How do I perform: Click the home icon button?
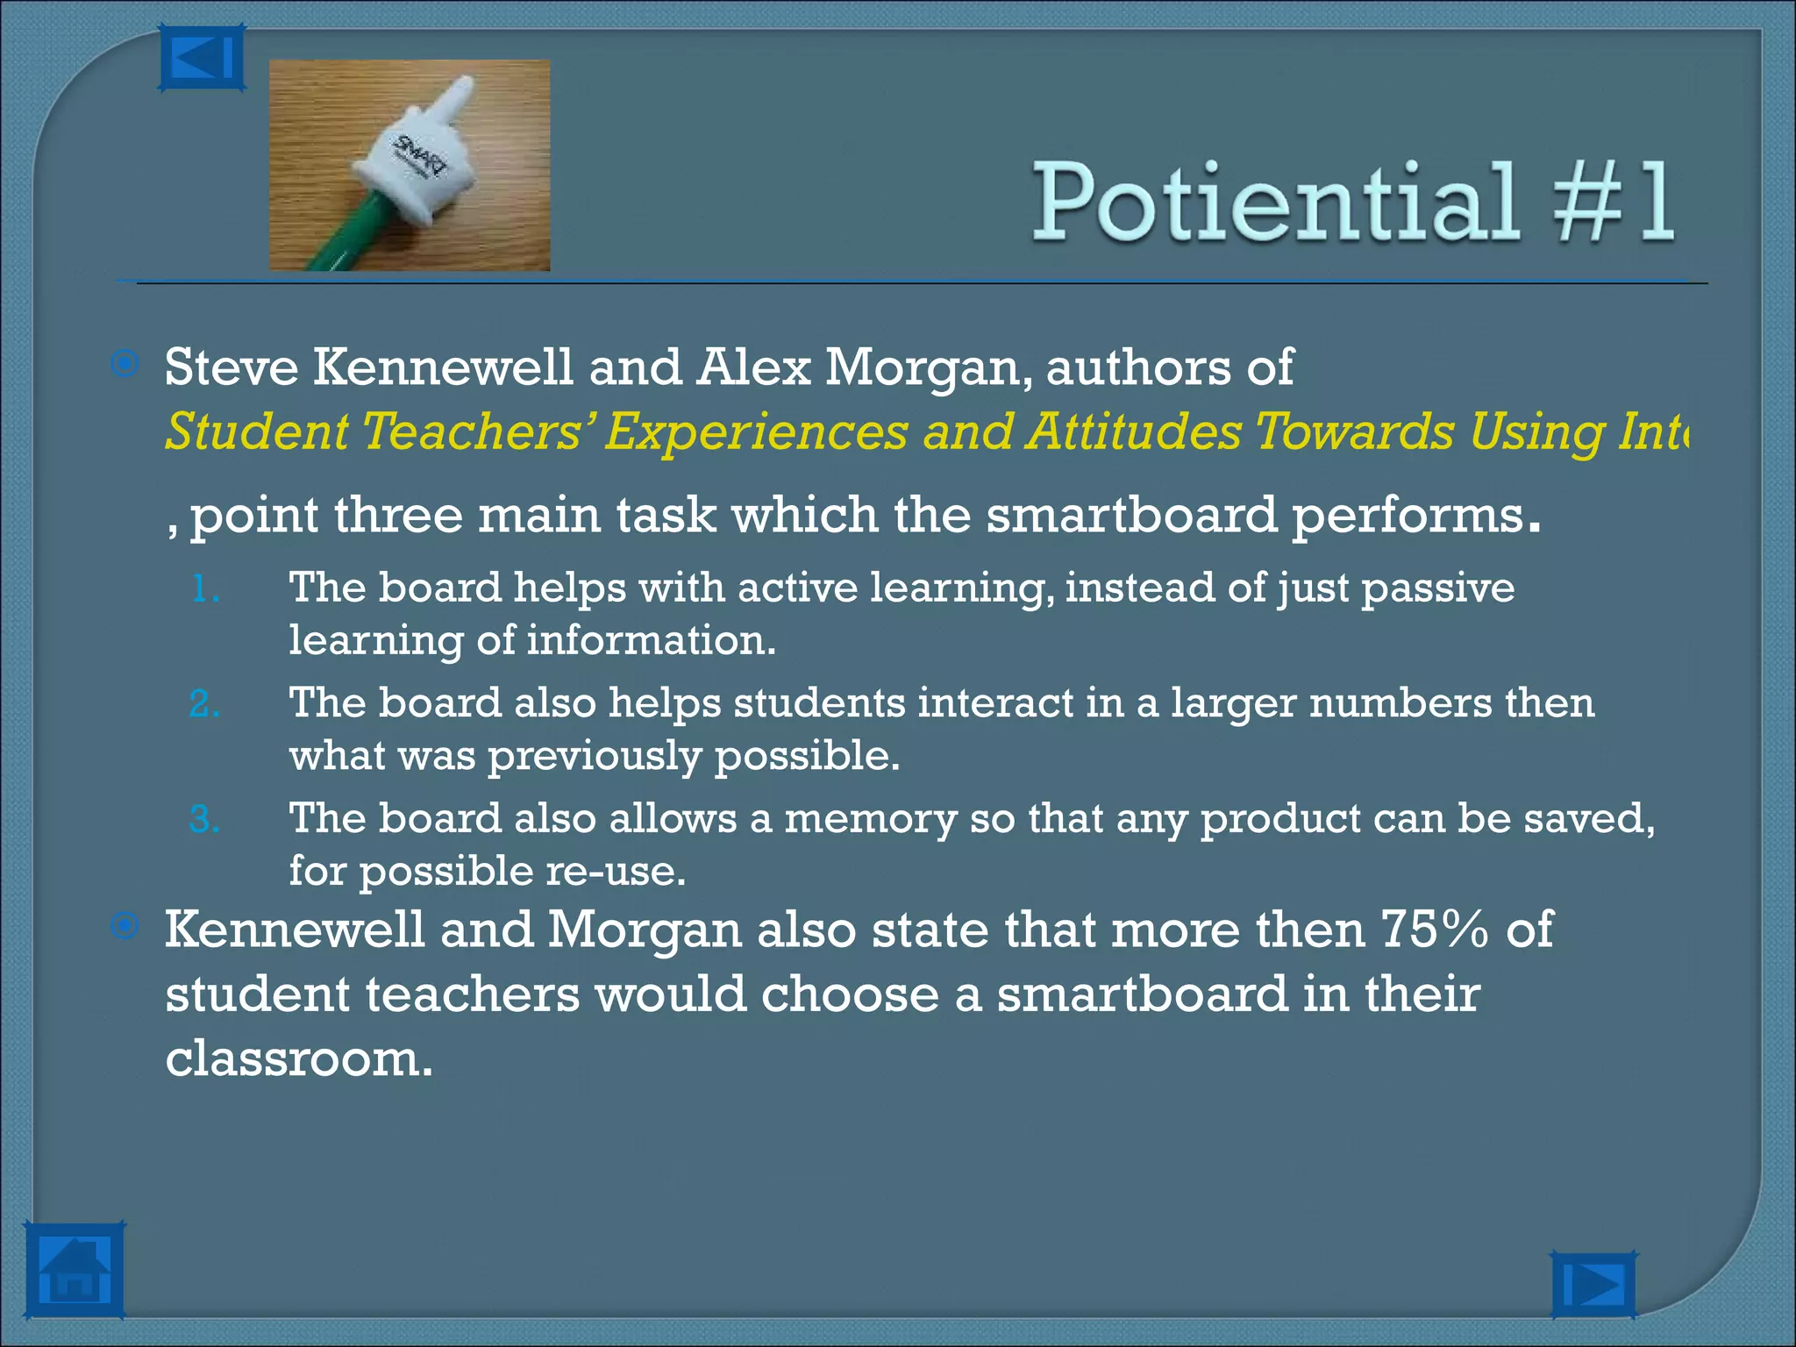pyautogui.click(x=74, y=1271)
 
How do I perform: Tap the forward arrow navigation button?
pyautogui.click(x=1593, y=1285)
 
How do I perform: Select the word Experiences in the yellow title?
pyautogui.click(x=756, y=432)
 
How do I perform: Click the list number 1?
pyautogui.click(x=203, y=588)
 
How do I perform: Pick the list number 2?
pyautogui.click(x=203, y=704)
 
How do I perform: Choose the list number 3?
pyautogui.click(x=203, y=820)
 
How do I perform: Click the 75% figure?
pyautogui.click(x=1435, y=930)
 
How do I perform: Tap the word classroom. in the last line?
pyautogui.click(x=299, y=1058)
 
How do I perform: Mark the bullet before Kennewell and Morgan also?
pyautogui.click(x=126, y=926)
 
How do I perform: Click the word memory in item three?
pyautogui.click(x=869, y=819)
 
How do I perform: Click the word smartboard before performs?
pyautogui.click(x=1131, y=515)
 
